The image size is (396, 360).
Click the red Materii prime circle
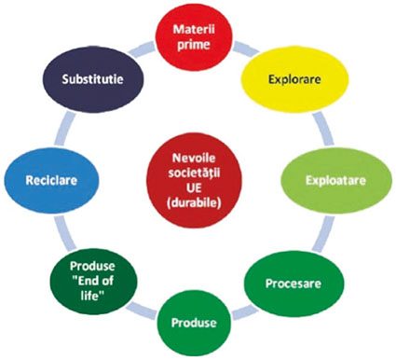[x=194, y=37]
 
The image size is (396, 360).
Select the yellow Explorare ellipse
[x=294, y=79]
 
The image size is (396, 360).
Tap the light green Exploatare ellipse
[x=336, y=181]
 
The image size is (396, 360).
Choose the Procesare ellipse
[x=294, y=284]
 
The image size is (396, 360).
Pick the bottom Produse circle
[x=194, y=323]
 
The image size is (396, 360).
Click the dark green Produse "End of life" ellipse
[x=93, y=281]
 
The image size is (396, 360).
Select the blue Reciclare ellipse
[x=51, y=181]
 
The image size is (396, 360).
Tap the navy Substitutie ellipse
[x=92, y=79]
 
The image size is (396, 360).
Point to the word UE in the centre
[x=194, y=188]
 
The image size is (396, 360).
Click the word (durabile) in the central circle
[x=194, y=203]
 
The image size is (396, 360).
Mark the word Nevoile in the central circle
[x=194, y=158]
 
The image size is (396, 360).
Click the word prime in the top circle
[x=193, y=45]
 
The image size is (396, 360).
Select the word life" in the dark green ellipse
[x=92, y=296]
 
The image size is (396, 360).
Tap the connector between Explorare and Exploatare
[x=323, y=129]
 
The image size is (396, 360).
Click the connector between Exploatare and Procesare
[x=323, y=234]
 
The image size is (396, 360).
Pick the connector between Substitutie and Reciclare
[x=64, y=129]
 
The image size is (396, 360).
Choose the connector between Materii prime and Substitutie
[x=142, y=49]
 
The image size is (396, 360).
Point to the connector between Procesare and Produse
[x=245, y=312]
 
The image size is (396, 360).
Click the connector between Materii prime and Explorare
[x=246, y=49]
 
